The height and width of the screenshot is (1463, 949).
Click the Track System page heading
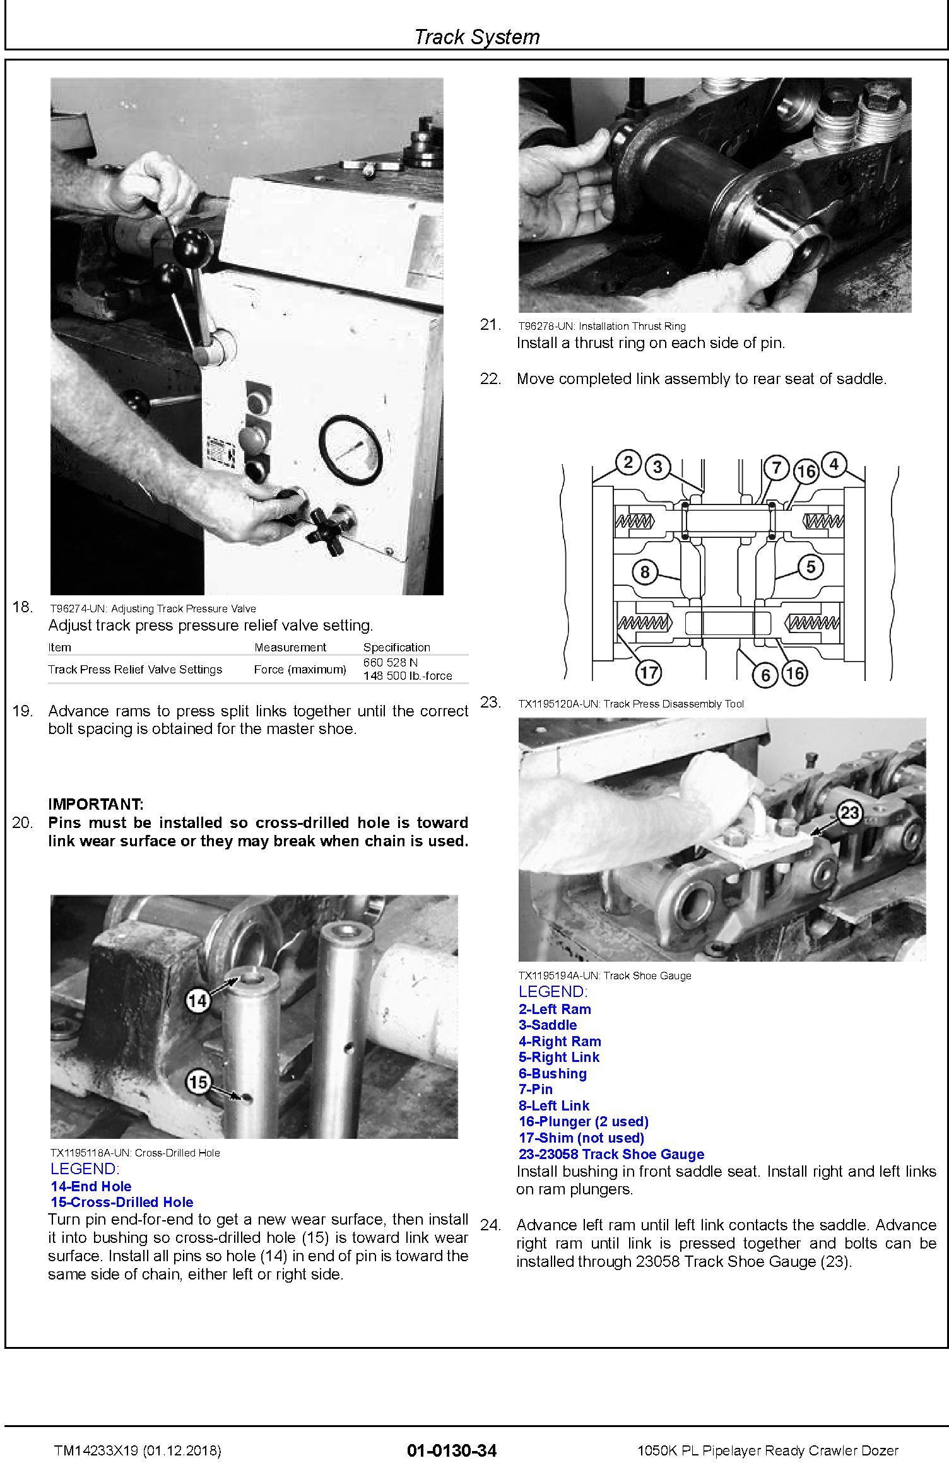point(476,37)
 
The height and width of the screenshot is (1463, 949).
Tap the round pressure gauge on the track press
point(350,451)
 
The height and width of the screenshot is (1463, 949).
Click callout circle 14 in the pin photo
point(197,1000)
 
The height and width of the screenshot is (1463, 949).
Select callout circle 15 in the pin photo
point(198,1083)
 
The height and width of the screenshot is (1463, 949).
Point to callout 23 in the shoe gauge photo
point(850,812)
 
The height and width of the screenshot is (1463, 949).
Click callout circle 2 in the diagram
point(628,463)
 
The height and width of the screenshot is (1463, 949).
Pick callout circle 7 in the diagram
point(777,467)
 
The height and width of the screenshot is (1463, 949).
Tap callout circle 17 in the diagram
point(649,673)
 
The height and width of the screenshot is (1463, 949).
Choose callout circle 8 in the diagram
point(644,572)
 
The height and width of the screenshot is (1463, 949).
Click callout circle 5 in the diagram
point(811,567)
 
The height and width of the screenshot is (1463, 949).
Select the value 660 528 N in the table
point(390,663)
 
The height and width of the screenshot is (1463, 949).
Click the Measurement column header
point(290,647)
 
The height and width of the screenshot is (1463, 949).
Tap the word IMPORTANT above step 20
point(96,804)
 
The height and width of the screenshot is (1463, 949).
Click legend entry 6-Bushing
point(553,1074)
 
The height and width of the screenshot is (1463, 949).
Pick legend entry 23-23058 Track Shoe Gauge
point(611,1155)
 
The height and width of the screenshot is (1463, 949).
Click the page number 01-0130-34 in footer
point(452,1450)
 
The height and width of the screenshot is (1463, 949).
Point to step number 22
point(490,379)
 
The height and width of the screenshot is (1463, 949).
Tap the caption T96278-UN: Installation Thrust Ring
point(601,326)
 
